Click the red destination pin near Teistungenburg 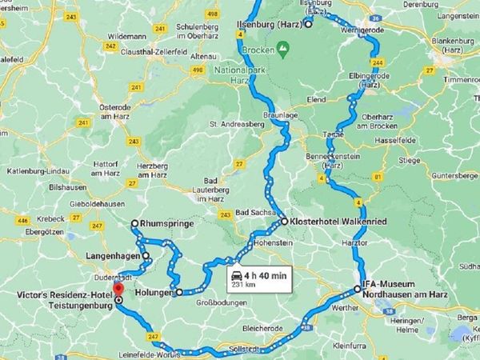pyautogui.click(x=118, y=289)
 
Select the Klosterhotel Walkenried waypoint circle pyautogui.click(x=284, y=220)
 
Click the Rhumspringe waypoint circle pyautogui.click(x=135, y=224)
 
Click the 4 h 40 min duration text pyautogui.click(x=268, y=275)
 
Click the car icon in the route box pyautogui.click(x=238, y=276)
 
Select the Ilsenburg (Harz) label pyautogui.click(x=266, y=24)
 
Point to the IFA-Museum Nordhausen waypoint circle pyautogui.click(x=358, y=289)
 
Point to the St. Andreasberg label pyautogui.click(x=235, y=124)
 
